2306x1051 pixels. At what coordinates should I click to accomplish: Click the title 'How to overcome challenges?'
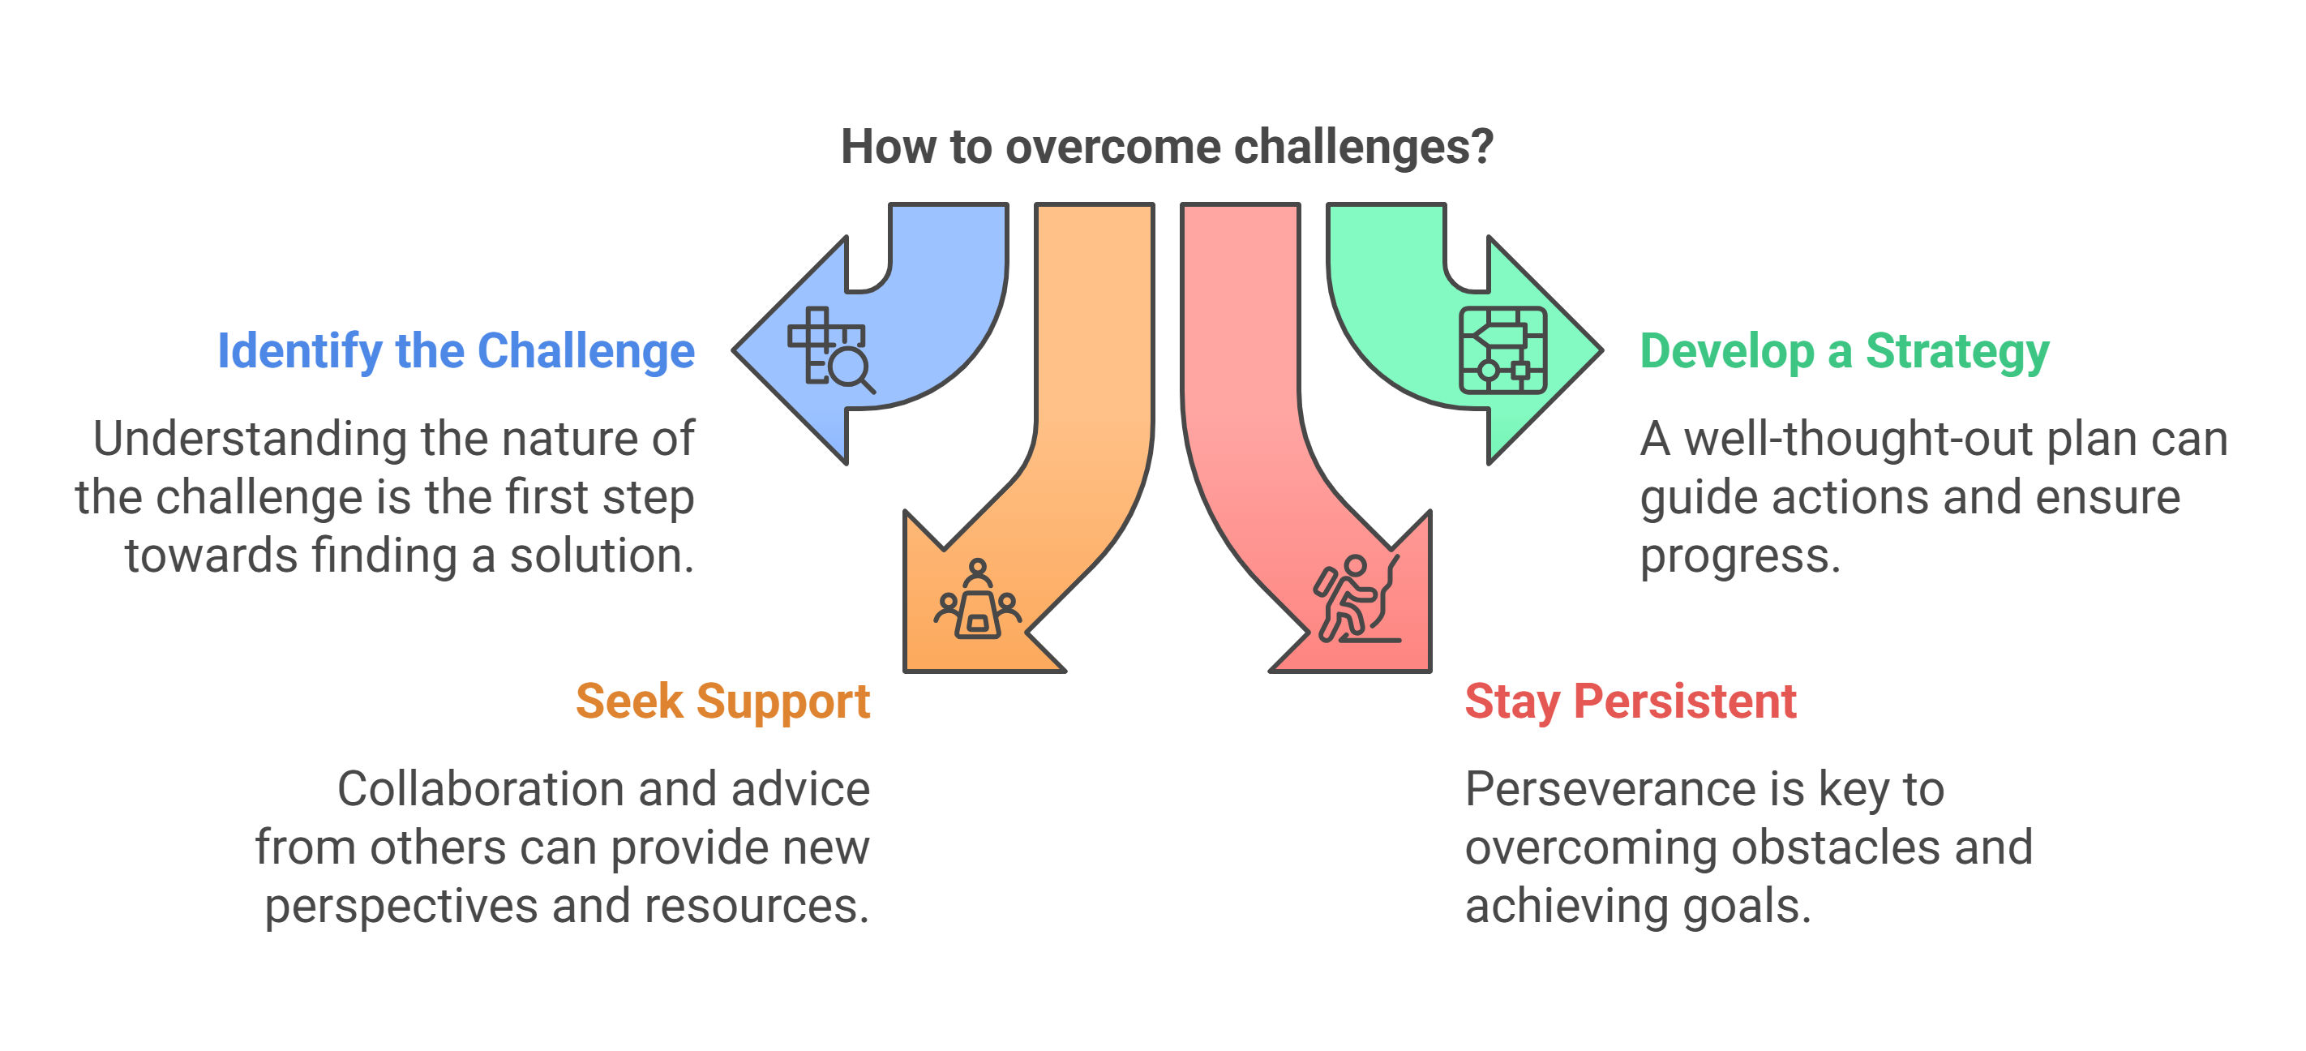(1167, 147)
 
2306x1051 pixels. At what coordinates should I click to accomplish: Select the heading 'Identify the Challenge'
(456, 351)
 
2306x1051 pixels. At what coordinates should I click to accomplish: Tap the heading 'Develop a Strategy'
(1844, 351)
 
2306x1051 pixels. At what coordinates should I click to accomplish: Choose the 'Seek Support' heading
(722, 701)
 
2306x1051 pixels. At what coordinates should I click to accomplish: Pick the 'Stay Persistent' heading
(1630, 701)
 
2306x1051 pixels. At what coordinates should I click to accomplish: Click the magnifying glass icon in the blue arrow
(832, 351)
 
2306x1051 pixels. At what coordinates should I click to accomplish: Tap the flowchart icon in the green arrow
(1503, 351)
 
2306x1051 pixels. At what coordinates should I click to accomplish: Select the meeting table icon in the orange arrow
(978, 599)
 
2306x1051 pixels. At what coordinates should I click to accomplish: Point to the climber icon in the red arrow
(1357, 598)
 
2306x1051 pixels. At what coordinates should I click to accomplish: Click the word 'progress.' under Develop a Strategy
(1740, 557)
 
